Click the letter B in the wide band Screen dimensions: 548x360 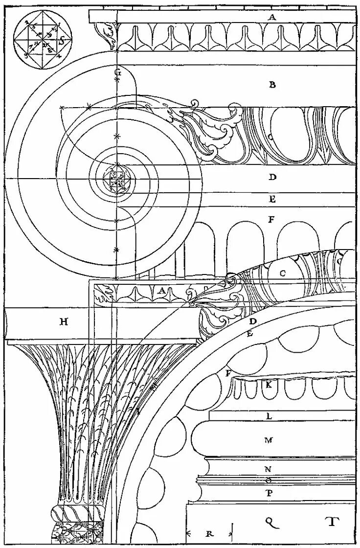pyautogui.click(x=272, y=85)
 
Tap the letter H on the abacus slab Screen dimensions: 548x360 pyautogui.click(x=64, y=321)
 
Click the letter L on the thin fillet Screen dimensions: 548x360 pyautogui.click(x=269, y=416)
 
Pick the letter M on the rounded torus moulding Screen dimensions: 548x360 pyautogui.click(x=268, y=440)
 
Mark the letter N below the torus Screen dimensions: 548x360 pyautogui.click(x=268, y=469)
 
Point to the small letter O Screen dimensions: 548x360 pyautogui.click(x=268, y=480)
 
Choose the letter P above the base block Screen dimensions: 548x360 pyautogui.click(x=269, y=493)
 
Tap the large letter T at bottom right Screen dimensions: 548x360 pyautogui.click(x=332, y=521)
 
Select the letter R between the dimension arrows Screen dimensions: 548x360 pyautogui.click(x=209, y=533)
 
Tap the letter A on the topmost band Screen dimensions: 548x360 pyautogui.click(x=272, y=17)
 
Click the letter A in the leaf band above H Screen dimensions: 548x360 pyautogui.click(x=161, y=290)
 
